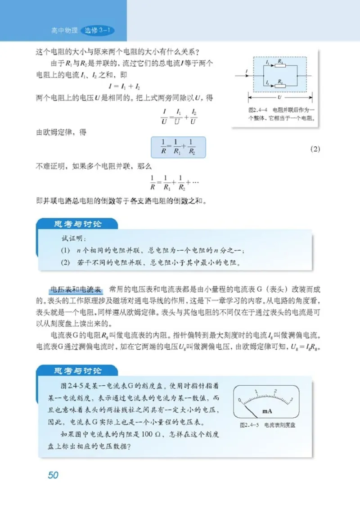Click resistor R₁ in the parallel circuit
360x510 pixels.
280,65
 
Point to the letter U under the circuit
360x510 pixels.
280,97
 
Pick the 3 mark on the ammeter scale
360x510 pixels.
292,400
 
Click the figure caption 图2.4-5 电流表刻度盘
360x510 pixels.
270,424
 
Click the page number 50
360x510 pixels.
53,475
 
